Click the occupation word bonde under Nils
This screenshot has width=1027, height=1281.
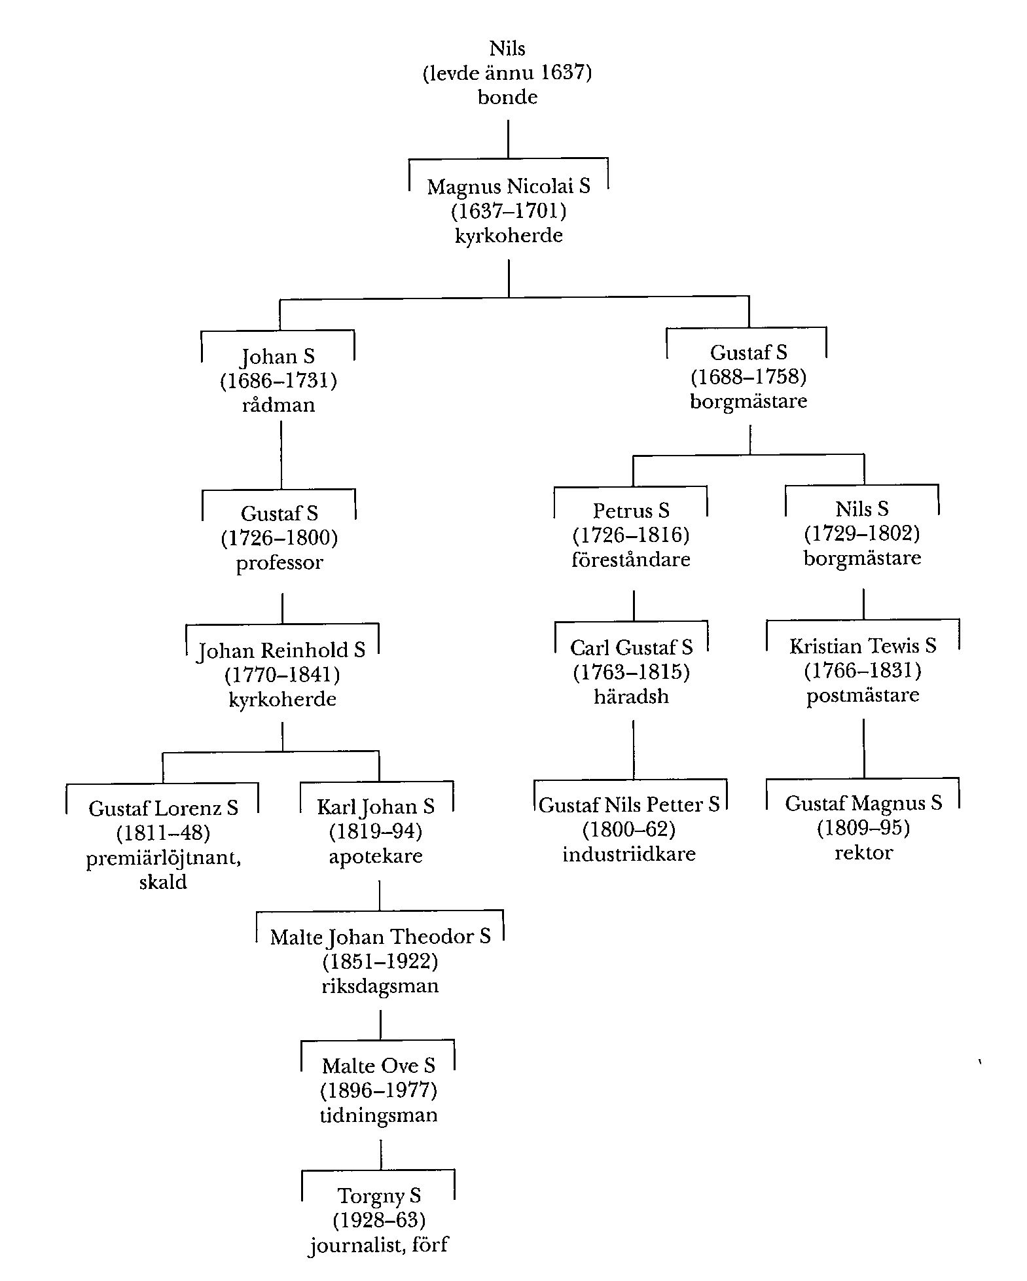507,98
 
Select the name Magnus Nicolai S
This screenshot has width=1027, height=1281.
509,187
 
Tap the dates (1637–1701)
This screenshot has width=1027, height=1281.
509,211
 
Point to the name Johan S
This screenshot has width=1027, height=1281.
278,356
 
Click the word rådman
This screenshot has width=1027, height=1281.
278,405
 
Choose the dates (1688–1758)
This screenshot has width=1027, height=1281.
748,377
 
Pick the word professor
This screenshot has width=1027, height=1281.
279,563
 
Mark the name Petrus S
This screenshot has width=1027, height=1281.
631,510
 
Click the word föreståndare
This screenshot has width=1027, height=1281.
631,560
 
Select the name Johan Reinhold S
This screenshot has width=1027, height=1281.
281,650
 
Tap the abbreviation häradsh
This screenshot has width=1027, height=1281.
631,696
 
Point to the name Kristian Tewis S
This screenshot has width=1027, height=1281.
863,646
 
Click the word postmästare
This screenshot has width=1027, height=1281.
863,695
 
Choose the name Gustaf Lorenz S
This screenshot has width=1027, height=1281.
163,808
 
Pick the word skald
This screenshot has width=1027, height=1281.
163,882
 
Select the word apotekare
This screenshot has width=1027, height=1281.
376,856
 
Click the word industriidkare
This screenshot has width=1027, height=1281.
629,854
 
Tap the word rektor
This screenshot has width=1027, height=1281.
863,853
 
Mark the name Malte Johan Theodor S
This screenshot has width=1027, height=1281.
380,937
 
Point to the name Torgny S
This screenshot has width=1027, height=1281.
379,1196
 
